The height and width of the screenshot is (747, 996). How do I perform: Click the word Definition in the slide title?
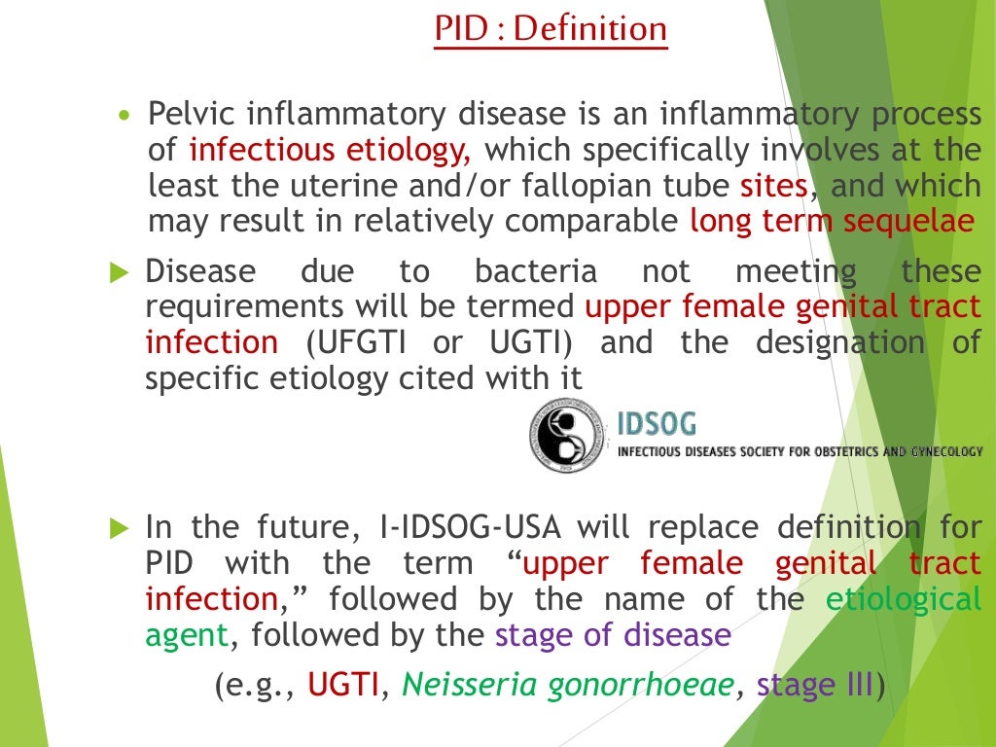590,28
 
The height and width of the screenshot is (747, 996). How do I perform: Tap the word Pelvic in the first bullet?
191,115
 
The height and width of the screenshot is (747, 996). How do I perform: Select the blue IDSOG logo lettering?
657,424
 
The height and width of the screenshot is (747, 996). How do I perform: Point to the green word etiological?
904,599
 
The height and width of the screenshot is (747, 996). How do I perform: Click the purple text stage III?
815,686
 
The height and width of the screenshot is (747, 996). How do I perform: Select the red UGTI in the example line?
342,686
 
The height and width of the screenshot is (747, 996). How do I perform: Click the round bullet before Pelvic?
123,116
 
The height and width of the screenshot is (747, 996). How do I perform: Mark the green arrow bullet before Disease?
119,272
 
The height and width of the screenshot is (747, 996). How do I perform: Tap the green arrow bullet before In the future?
119,529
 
